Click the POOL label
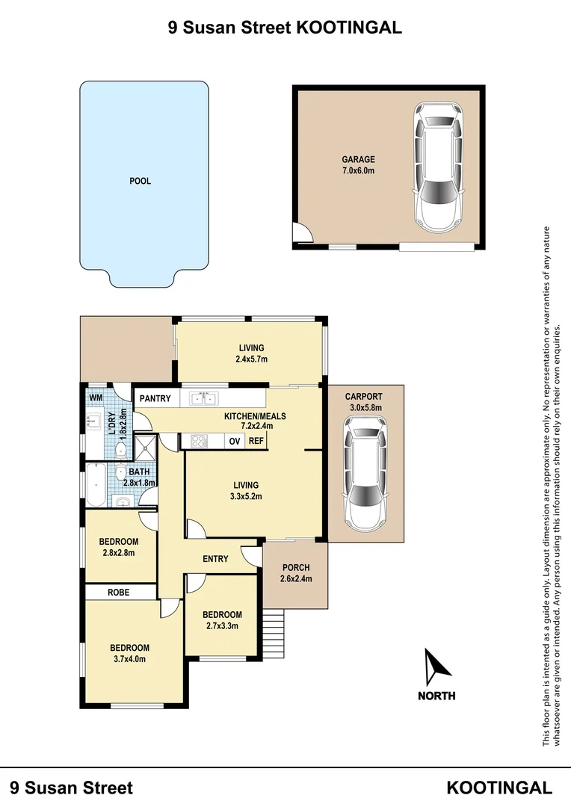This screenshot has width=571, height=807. point(140,181)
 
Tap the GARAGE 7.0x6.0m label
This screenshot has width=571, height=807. point(358,165)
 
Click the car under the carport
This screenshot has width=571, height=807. point(364,471)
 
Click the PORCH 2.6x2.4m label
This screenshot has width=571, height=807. point(296,573)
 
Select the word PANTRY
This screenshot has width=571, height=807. point(155,398)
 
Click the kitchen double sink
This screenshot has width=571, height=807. point(203,398)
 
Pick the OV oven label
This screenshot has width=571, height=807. point(235,441)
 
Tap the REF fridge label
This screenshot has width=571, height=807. point(256,441)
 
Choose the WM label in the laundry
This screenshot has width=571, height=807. point(96,398)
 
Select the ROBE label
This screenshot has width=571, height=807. point(118,592)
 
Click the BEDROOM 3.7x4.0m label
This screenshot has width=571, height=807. point(130,653)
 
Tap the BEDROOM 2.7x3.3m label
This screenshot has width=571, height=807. point(222,620)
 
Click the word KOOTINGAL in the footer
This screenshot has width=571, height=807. point(499,788)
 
